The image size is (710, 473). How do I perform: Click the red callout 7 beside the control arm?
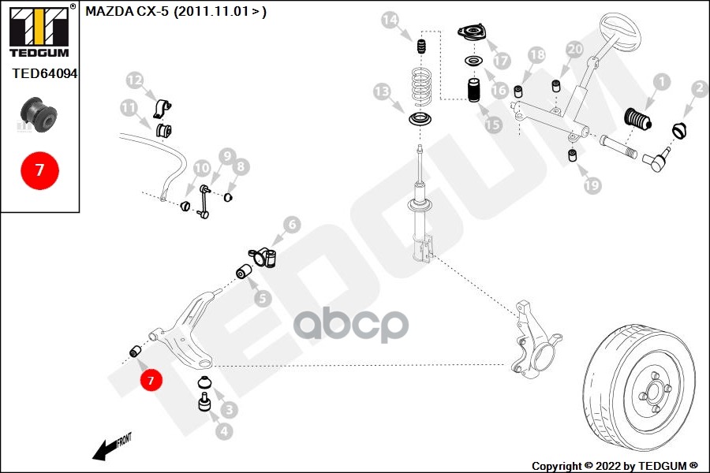point(151,381)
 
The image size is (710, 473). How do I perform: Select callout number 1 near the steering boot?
point(660,81)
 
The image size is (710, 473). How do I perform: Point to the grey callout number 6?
point(291,225)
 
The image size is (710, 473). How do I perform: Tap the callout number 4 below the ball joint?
point(223,431)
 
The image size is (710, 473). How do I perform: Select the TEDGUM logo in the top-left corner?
point(39,30)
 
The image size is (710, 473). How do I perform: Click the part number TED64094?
point(45,73)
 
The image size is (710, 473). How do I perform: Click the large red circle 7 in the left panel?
point(39,169)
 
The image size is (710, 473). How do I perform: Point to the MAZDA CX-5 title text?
point(175,12)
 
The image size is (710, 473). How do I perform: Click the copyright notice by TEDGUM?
point(615,465)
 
